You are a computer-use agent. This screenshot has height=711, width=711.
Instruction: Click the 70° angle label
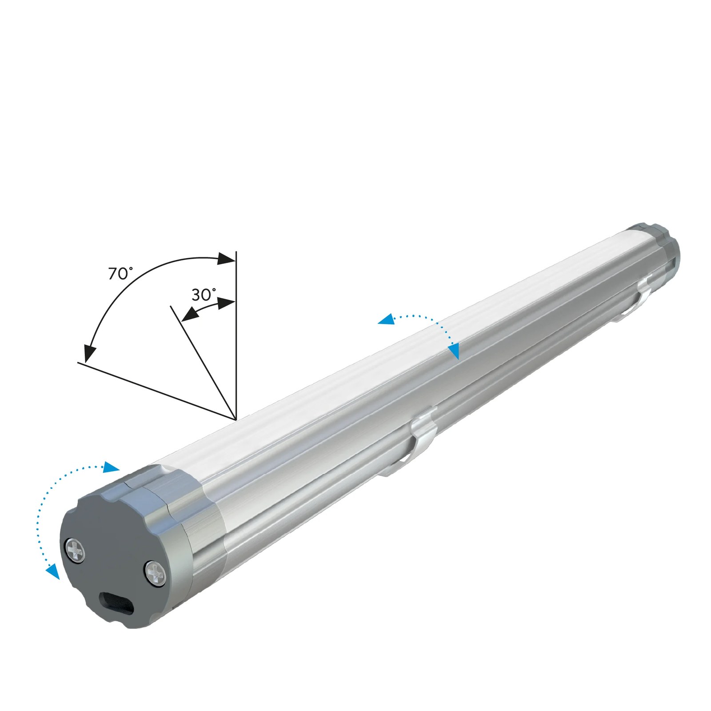pyautogui.click(x=120, y=273)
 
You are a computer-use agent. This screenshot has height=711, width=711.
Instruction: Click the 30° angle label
pyautogui.click(x=204, y=294)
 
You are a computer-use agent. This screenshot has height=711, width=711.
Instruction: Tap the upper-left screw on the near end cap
pyautogui.click(x=76, y=551)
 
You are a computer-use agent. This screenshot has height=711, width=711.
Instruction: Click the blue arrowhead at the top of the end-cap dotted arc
pyautogui.click(x=111, y=467)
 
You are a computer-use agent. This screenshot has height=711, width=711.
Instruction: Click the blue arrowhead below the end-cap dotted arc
pyautogui.click(x=53, y=571)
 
